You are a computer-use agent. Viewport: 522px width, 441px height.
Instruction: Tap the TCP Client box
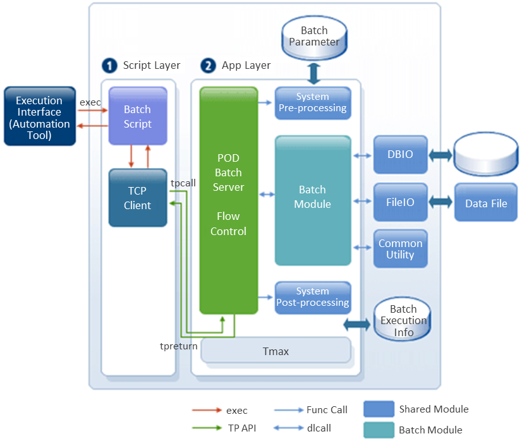coord(138,197)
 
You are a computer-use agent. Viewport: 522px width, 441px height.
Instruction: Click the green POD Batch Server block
coord(229,200)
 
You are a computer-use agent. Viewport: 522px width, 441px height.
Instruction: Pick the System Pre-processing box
coord(313,102)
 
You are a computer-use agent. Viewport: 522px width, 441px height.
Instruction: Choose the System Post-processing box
coord(313,297)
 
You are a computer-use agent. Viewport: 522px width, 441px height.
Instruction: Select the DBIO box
coord(400,154)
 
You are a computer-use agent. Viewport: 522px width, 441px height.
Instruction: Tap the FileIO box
coord(400,202)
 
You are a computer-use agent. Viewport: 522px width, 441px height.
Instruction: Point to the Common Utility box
coord(400,249)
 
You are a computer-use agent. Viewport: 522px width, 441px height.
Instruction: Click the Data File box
coord(486,203)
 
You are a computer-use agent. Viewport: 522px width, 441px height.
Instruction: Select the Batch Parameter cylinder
coord(314,37)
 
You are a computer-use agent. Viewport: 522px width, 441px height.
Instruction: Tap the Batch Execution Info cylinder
coord(403,320)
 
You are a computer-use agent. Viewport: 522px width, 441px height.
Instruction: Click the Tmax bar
coord(276,351)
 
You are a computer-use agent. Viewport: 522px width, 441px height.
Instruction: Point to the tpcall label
coord(183,183)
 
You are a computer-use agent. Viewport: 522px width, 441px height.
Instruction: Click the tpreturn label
coord(179,346)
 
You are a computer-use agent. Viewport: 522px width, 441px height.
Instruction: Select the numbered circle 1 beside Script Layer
coord(110,66)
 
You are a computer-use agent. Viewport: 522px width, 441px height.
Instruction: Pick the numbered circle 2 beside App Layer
coord(208,66)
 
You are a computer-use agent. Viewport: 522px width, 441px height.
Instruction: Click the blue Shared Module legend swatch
coord(379,409)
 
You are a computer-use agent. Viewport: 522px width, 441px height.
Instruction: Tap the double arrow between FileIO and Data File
coord(441,202)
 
